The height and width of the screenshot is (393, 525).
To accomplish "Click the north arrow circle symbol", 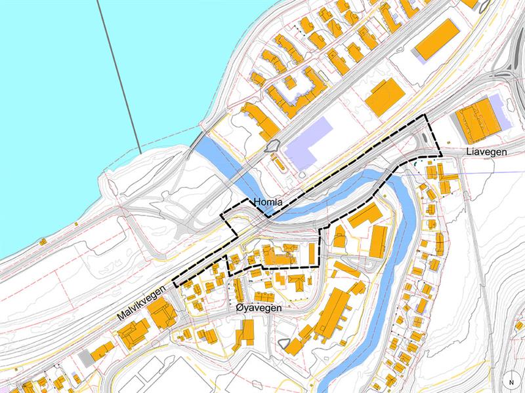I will [x=510, y=382].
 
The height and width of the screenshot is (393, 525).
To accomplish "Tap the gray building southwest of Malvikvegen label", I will [x=85, y=358].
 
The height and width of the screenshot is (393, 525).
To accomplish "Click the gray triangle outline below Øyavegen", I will [x=283, y=343].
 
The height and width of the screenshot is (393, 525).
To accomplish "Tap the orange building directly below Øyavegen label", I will [x=244, y=331].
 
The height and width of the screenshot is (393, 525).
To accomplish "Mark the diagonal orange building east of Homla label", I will [x=366, y=215].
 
